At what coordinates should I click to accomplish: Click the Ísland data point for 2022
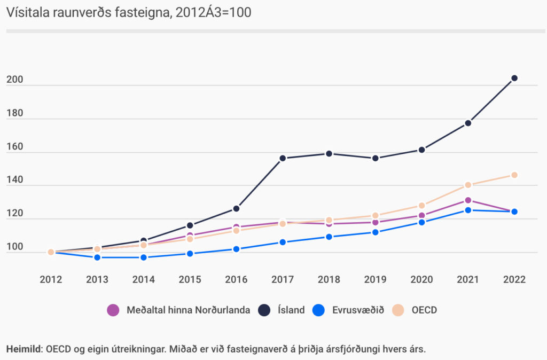(x=514, y=79)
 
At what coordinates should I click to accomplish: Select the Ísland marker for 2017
(x=283, y=158)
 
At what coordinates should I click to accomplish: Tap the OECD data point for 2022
(x=514, y=175)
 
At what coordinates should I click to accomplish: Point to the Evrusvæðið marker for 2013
(x=97, y=257)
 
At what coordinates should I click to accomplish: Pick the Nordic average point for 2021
(x=468, y=200)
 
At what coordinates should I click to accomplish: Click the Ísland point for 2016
(x=236, y=208)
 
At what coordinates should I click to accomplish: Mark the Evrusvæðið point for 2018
(x=329, y=237)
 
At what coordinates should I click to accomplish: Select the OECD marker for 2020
(x=421, y=206)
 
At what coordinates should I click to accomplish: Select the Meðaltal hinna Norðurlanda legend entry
(x=179, y=310)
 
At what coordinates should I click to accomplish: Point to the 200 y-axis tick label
(x=14, y=80)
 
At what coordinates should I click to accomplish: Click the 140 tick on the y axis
(x=14, y=181)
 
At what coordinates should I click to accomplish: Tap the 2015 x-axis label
(x=190, y=279)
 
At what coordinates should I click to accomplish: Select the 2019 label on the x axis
(x=375, y=279)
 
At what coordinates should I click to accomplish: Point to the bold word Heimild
(x=24, y=349)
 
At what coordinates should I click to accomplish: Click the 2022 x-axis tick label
(x=514, y=279)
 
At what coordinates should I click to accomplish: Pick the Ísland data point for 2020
(x=421, y=150)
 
